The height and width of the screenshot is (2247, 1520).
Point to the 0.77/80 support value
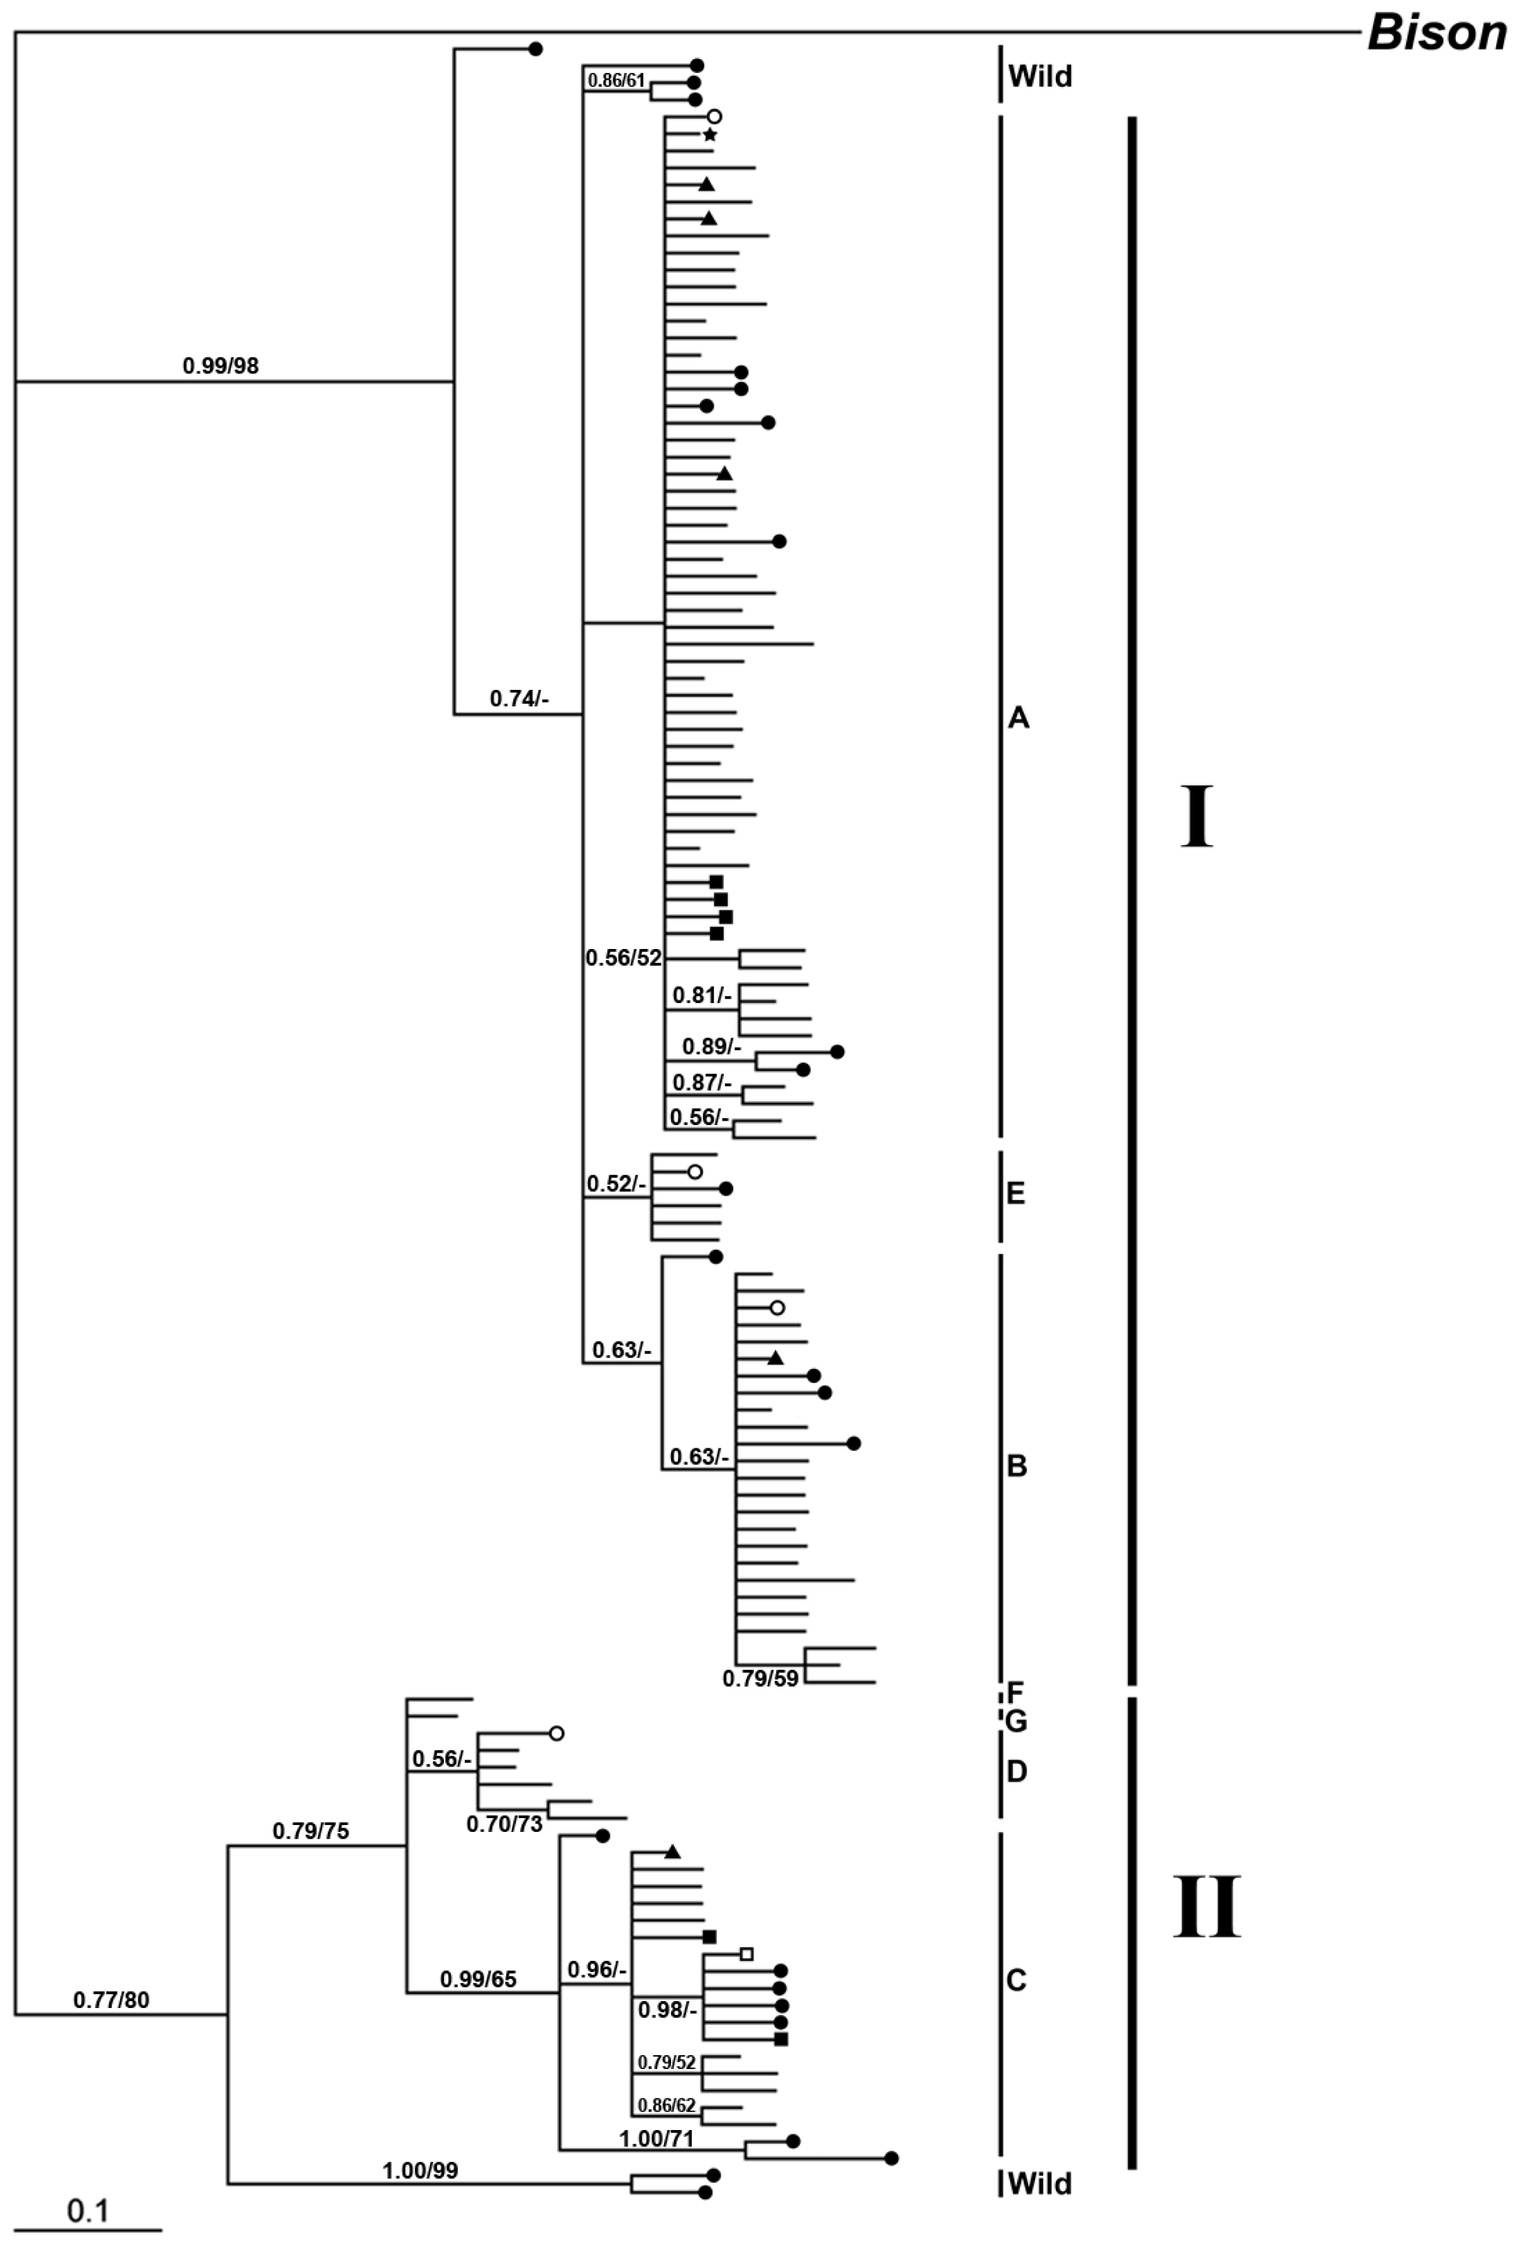click(x=111, y=1999)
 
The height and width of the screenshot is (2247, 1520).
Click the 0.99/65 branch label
click(x=478, y=1979)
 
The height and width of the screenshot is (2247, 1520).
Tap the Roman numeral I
click(x=1196, y=817)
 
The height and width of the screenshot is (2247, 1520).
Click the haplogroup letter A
click(x=1018, y=718)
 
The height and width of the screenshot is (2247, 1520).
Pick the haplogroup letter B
click(x=1016, y=1467)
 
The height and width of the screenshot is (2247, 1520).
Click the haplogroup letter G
click(x=1015, y=1722)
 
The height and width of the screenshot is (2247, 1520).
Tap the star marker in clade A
click(x=710, y=135)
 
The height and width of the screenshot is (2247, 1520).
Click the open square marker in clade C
click(x=745, y=1953)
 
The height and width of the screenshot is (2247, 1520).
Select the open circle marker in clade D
click(x=556, y=1734)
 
